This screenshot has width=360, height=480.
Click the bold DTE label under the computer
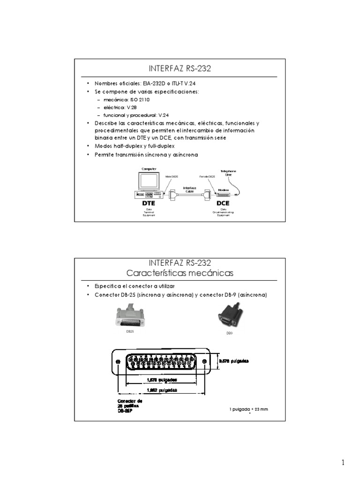148,204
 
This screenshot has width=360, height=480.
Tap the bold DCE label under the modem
223,204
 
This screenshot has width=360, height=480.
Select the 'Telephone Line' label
228,172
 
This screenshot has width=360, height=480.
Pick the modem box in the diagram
223,193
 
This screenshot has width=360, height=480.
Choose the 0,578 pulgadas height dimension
234,361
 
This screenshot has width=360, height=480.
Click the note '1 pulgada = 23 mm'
248,409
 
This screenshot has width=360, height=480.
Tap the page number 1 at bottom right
343,463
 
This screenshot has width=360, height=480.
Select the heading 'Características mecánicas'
180,272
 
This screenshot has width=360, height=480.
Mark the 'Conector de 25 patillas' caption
129,405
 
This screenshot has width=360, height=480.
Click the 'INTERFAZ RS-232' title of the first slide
180,69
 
